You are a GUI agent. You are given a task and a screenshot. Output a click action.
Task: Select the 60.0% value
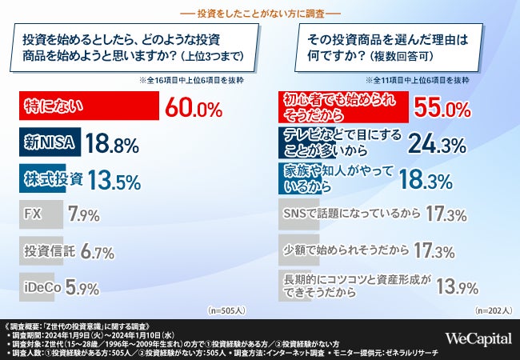[x=193, y=106]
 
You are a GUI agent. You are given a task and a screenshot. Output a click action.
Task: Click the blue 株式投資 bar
[x=54, y=179]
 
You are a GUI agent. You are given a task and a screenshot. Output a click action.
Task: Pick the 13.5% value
[x=115, y=180]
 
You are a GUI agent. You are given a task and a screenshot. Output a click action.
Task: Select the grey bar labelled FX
[x=32, y=215]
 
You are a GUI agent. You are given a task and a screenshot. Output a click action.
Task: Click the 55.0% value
[x=442, y=106]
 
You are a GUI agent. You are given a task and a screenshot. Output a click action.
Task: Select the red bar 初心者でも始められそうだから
[x=346, y=106]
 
